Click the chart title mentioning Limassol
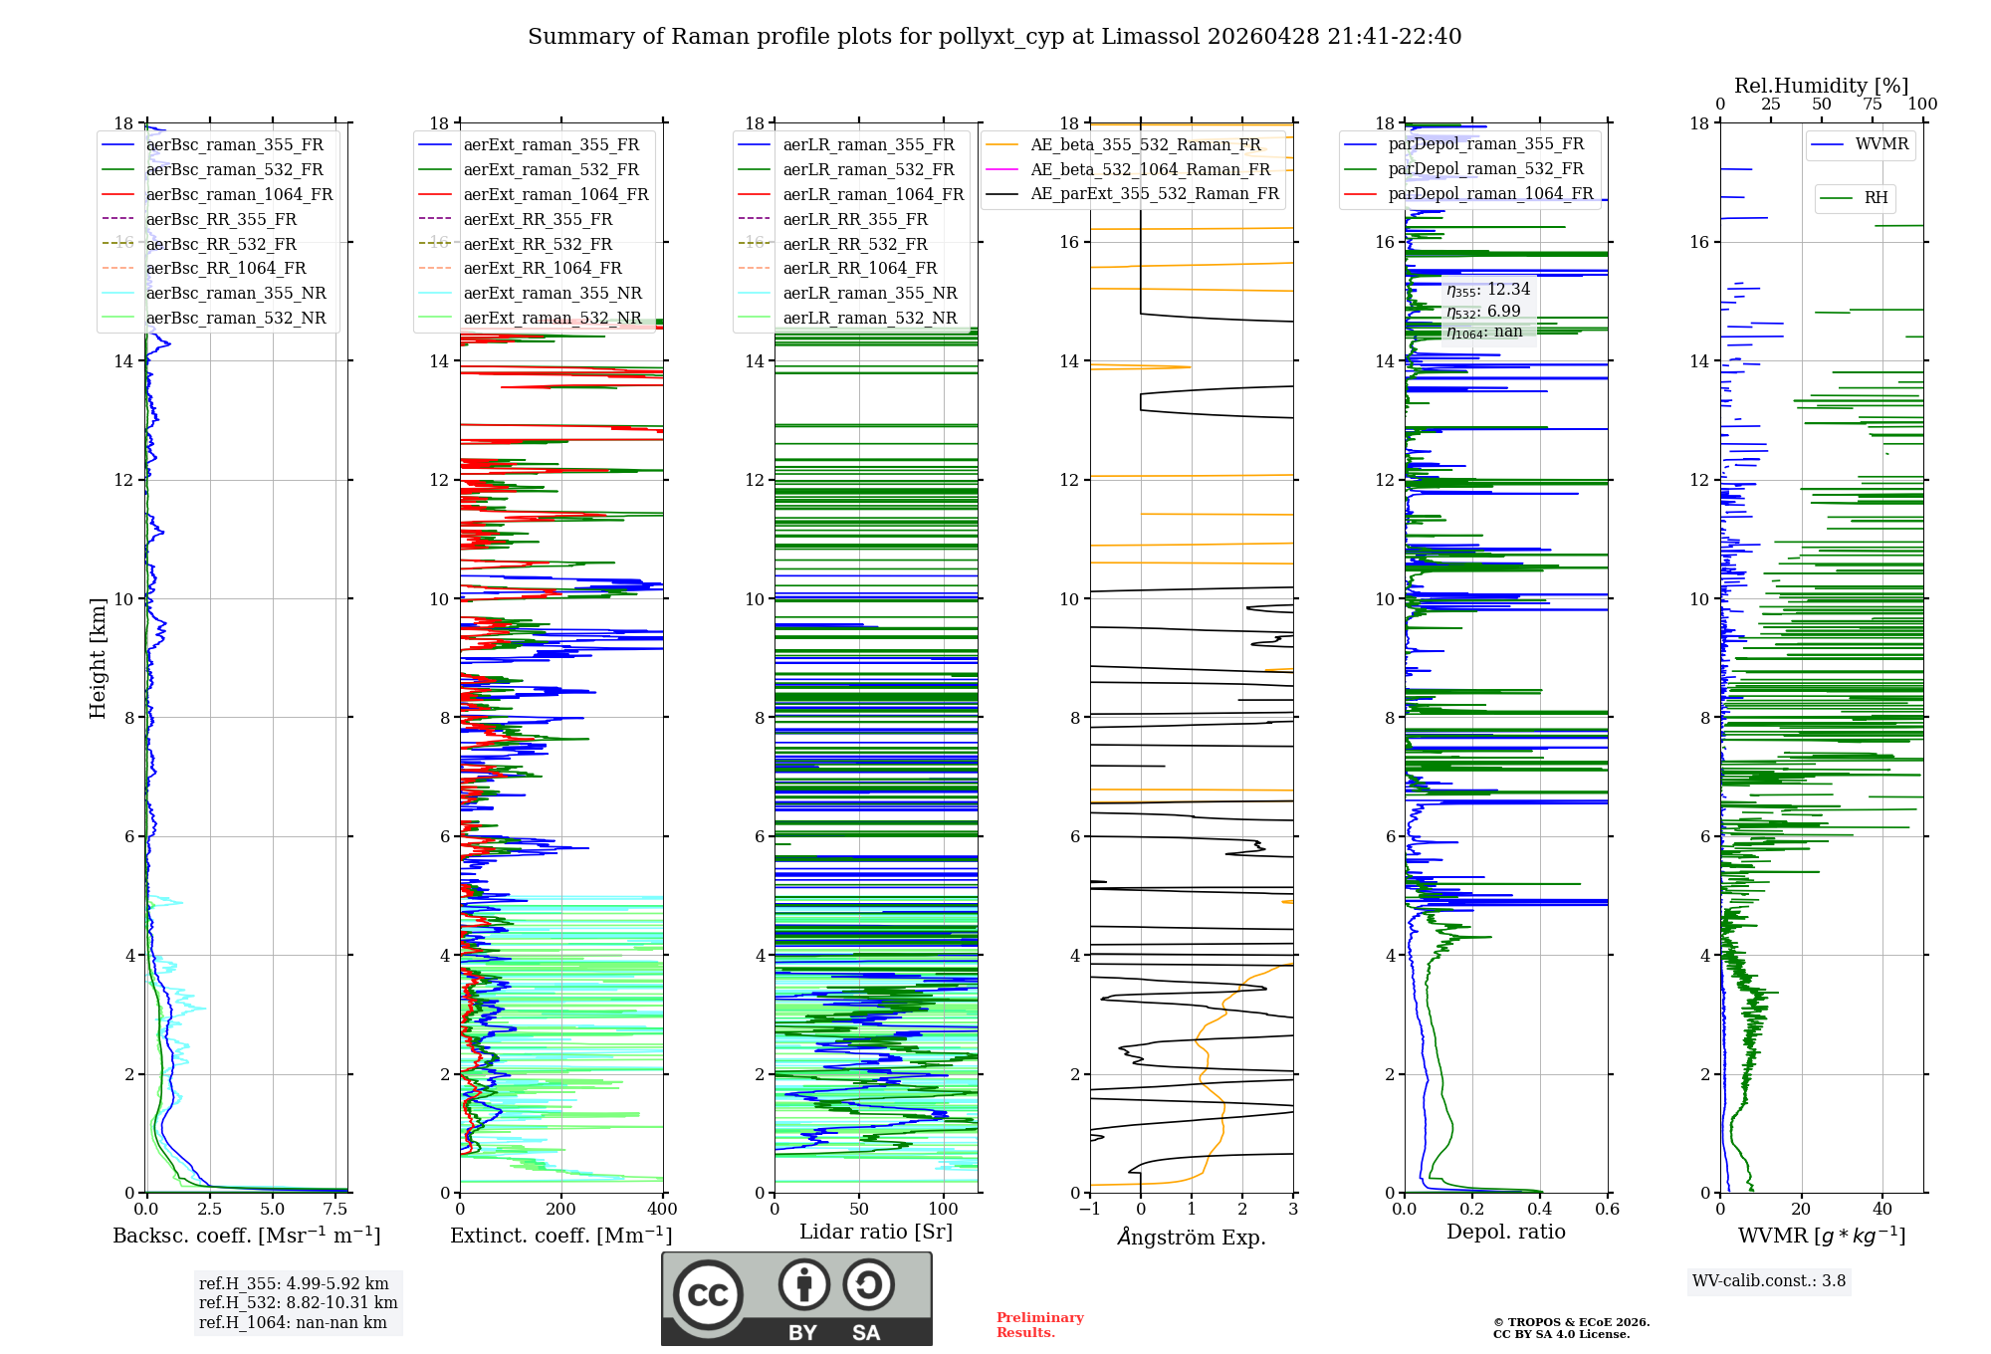point(994,37)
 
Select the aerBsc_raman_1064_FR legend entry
point(239,194)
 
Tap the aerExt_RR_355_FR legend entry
point(538,219)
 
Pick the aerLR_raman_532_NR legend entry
point(869,318)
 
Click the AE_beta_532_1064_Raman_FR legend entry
point(1150,169)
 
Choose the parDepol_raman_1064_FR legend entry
point(1490,193)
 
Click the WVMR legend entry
point(1881,144)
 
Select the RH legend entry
point(1876,198)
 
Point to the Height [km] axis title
point(98,657)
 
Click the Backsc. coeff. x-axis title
point(246,1236)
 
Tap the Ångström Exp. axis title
point(1192,1238)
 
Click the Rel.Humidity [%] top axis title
point(1821,86)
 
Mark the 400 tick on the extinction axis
point(662,1210)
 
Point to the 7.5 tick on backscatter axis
point(335,1210)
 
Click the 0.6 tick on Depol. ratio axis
point(1607,1210)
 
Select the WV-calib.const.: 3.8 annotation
point(1769,1281)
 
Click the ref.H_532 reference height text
point(298,1303)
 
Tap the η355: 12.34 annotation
point(1488,290)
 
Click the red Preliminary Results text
point(1039,1325)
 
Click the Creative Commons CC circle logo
point(708,1295)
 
